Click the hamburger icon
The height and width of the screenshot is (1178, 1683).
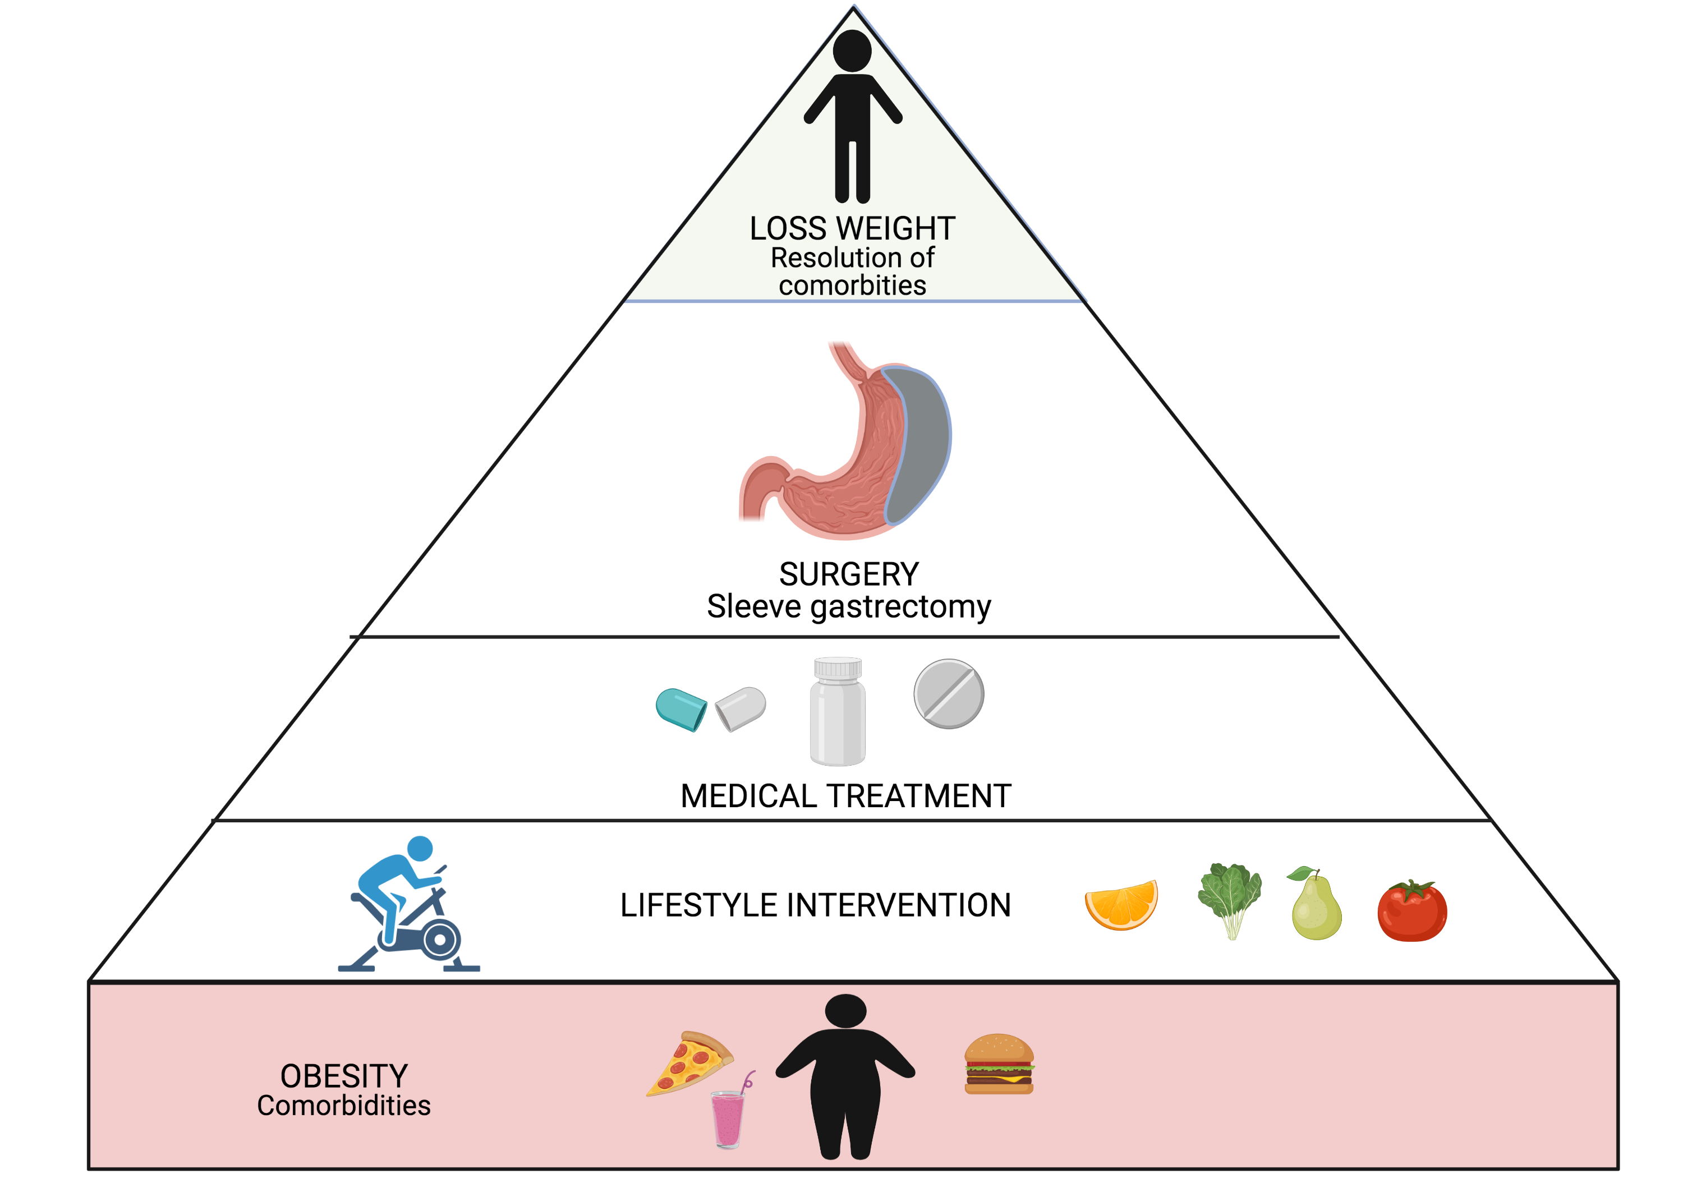coord(999,1064)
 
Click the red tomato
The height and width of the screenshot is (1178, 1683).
coord(1412,913)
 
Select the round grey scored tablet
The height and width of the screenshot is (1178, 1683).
coord(949,693)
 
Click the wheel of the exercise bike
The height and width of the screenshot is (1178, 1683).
coord(440,939)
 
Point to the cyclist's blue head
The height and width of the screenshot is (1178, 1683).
coord(420,848)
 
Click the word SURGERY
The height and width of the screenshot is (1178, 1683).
coord(848,574)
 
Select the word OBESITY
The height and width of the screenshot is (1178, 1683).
coord(344,1076)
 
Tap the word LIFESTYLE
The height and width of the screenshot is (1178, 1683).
coord(698,905)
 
